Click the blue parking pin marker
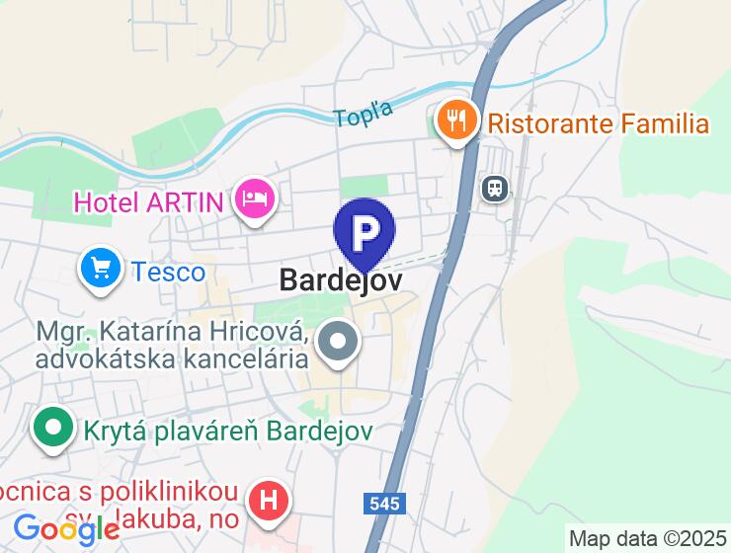point(365,233)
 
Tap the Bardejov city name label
point(341,279)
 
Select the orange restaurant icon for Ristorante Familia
point(455,121)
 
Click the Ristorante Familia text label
point(599,123)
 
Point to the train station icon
point(494,188)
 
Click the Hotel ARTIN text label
point(148,203)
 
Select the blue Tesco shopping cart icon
point(101,268)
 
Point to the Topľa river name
point(364,114)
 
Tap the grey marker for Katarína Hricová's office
point(340,343)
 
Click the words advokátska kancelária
point(171,357)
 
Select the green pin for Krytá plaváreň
point(54,429)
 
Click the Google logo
point(66,531)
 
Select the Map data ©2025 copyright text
point(647,539)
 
